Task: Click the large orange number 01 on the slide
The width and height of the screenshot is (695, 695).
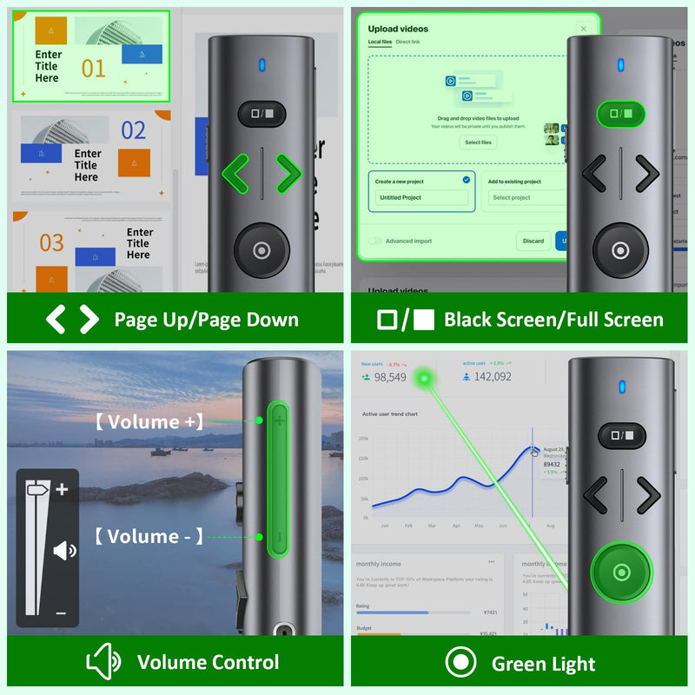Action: [x=93, y=68]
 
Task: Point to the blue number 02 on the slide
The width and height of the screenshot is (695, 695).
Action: [x=133, y=131]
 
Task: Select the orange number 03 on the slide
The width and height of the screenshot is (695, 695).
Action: [x=51, y=242]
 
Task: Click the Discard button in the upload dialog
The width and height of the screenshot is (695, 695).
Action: [x=533, y=241]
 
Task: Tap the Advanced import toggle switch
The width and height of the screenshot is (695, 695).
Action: [x=374, y=241]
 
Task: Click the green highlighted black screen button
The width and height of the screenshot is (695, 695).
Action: [x=620, y=114]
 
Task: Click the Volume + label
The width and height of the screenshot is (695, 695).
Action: [x=149, y=422]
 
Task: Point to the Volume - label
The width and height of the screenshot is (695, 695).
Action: [x=149, y=536]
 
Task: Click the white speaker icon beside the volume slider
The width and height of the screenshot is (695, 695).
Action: [x=65, y=550]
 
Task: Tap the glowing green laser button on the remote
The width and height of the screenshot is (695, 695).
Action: [x=620, y=573]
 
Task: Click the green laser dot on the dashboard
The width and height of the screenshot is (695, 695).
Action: [x=424, y=378]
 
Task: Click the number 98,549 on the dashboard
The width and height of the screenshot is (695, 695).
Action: [x=390, y=376]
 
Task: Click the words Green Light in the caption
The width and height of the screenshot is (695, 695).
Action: [x=543, y=665]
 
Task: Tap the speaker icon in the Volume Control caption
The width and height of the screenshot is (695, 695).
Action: [x=103, y=663]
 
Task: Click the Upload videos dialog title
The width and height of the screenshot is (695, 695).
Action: [x=398, y=29]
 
